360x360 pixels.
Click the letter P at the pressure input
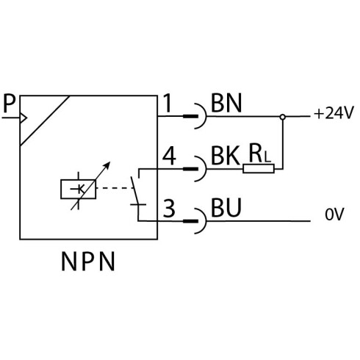10,104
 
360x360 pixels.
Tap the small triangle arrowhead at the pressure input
24,118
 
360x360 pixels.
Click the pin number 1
168,103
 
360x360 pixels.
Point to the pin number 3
169,209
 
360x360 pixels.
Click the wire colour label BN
226,103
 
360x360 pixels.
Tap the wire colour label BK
226,156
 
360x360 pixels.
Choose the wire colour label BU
226,208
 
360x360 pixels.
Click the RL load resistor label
260,154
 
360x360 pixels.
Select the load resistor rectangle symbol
259,169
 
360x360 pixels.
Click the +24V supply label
334,113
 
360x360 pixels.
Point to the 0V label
334,214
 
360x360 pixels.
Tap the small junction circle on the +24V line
283,117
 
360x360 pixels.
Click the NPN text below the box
88,262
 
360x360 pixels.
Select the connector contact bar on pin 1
191,116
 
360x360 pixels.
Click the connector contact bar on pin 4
191,169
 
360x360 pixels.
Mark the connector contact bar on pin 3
191,221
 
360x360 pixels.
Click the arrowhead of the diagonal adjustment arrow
107,165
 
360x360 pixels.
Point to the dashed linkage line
115,188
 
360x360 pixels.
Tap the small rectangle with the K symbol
78,189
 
